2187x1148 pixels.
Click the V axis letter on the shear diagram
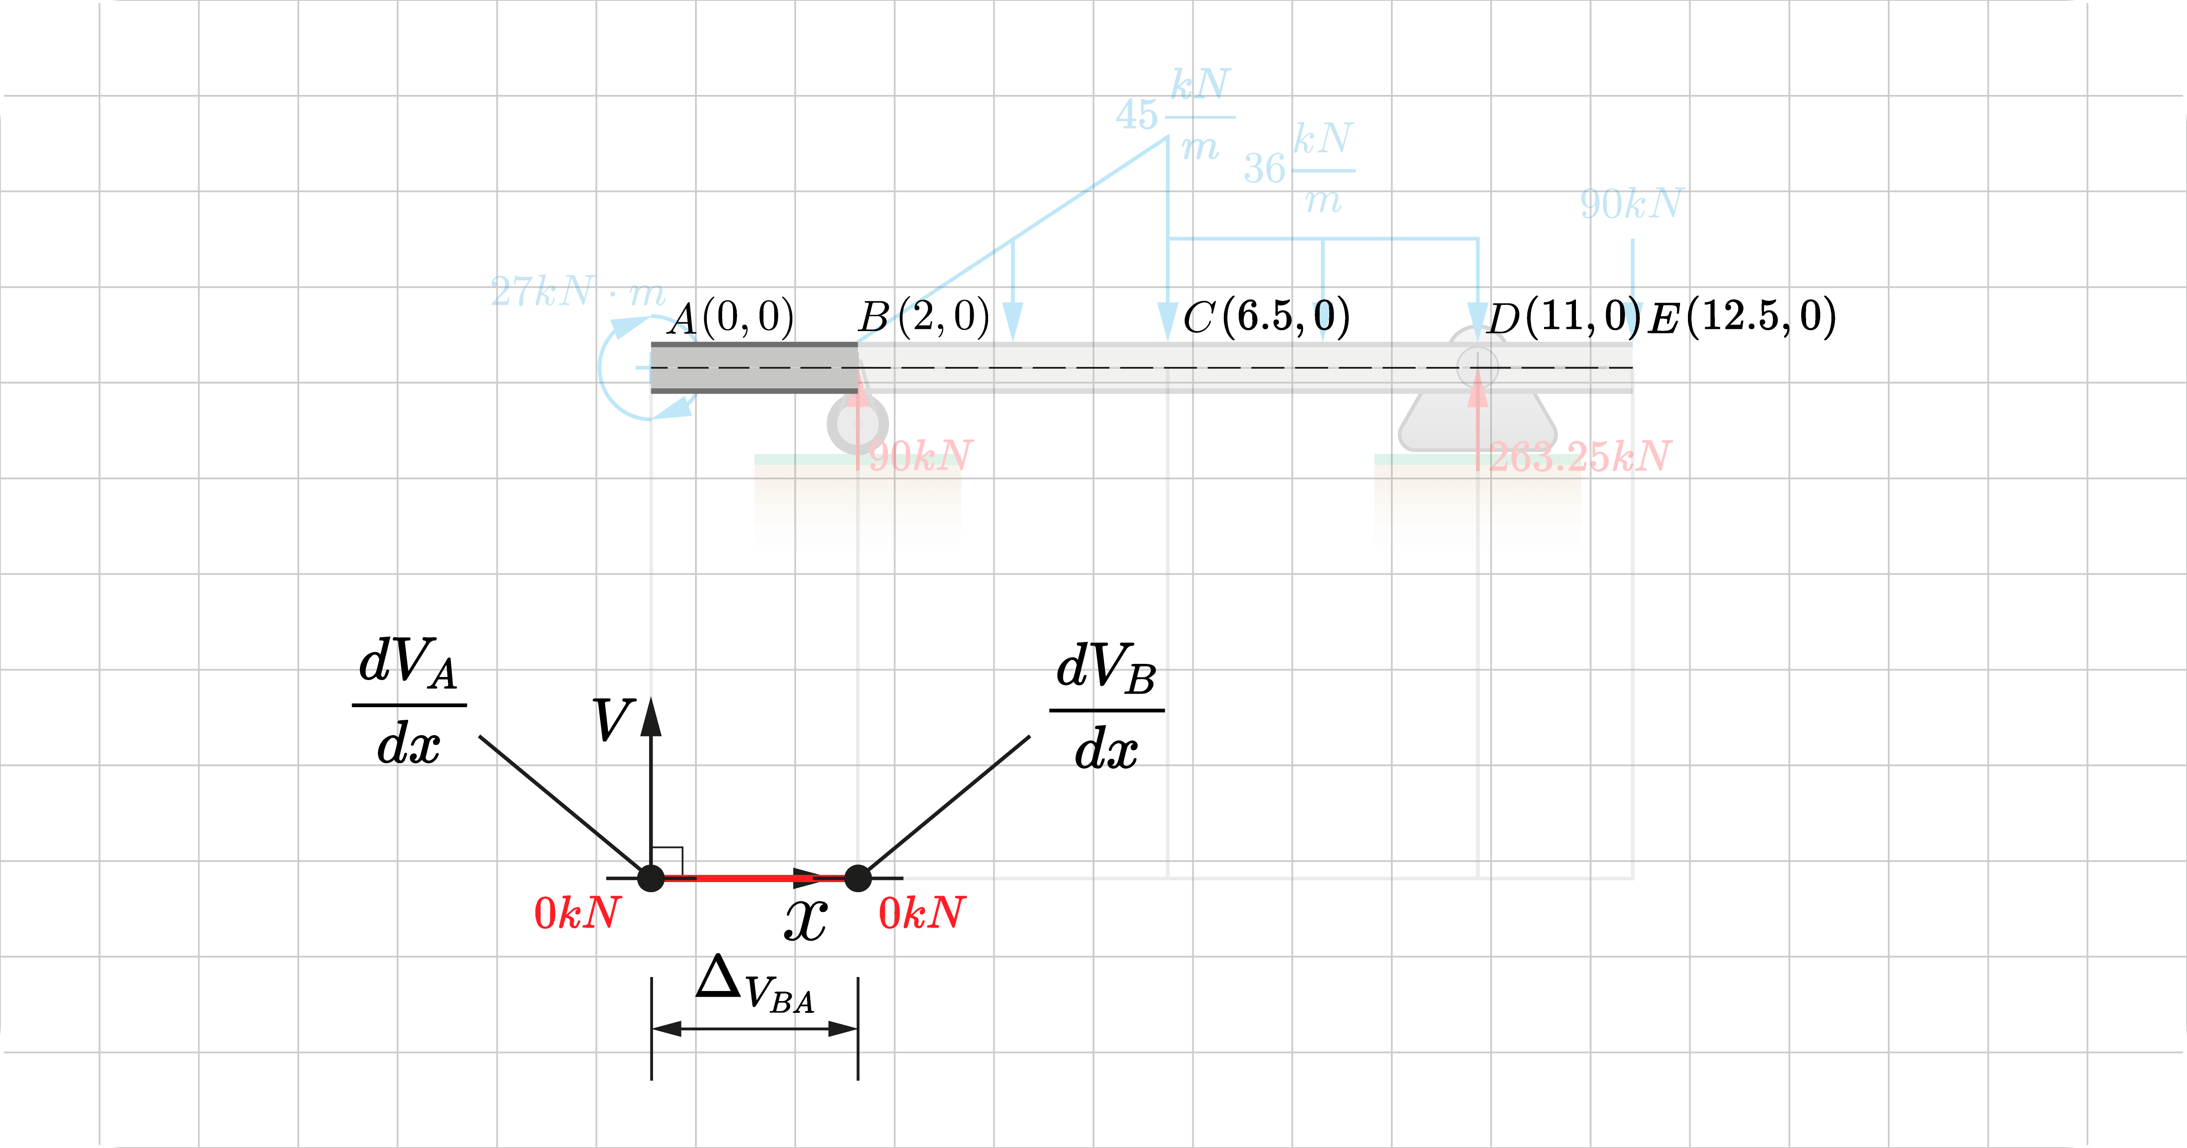(613, 720)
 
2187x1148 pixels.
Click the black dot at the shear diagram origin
(651, 878)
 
